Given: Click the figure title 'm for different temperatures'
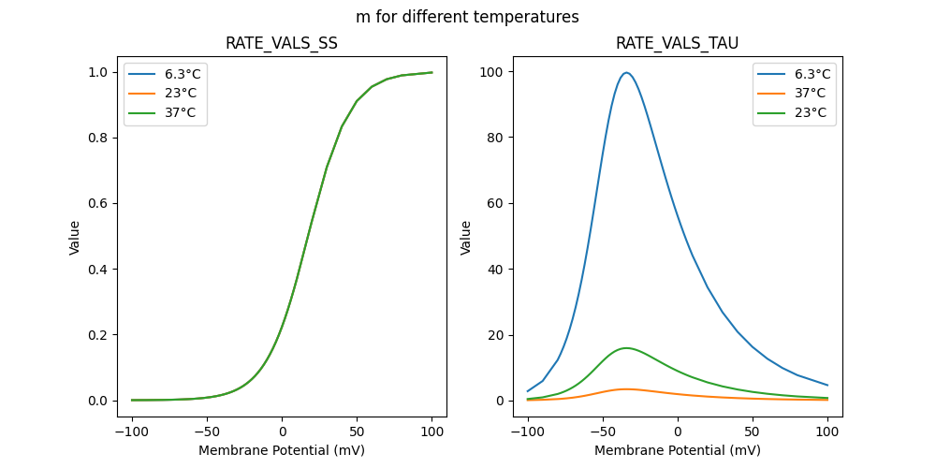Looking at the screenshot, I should point(467,17).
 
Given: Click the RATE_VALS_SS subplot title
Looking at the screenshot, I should point(282,43).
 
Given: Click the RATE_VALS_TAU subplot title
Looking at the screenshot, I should point(677,43).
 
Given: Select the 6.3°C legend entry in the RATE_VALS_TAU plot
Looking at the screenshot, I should point(811,74).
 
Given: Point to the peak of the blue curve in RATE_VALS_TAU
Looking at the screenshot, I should point(626,73).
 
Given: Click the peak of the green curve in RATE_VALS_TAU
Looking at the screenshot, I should point(625,348).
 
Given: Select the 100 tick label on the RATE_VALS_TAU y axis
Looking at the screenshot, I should point(492,72).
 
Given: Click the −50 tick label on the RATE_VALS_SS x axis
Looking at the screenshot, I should point(207,431).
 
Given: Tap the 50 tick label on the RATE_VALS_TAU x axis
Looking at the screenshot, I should point(753,431).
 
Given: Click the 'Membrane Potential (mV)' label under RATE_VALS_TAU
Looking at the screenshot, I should point(677,450).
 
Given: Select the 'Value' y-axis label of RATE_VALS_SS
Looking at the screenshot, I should point(75,238).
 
